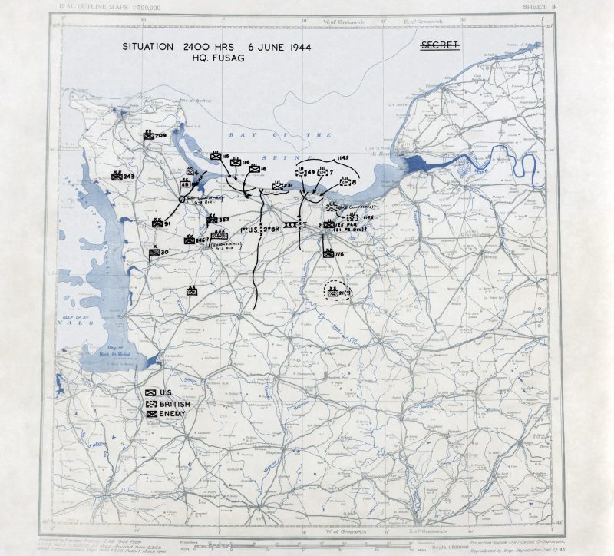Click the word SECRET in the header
pyautogui.click(x=440, y=47)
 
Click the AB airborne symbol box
pyautogui.click(x=186, y=184)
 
